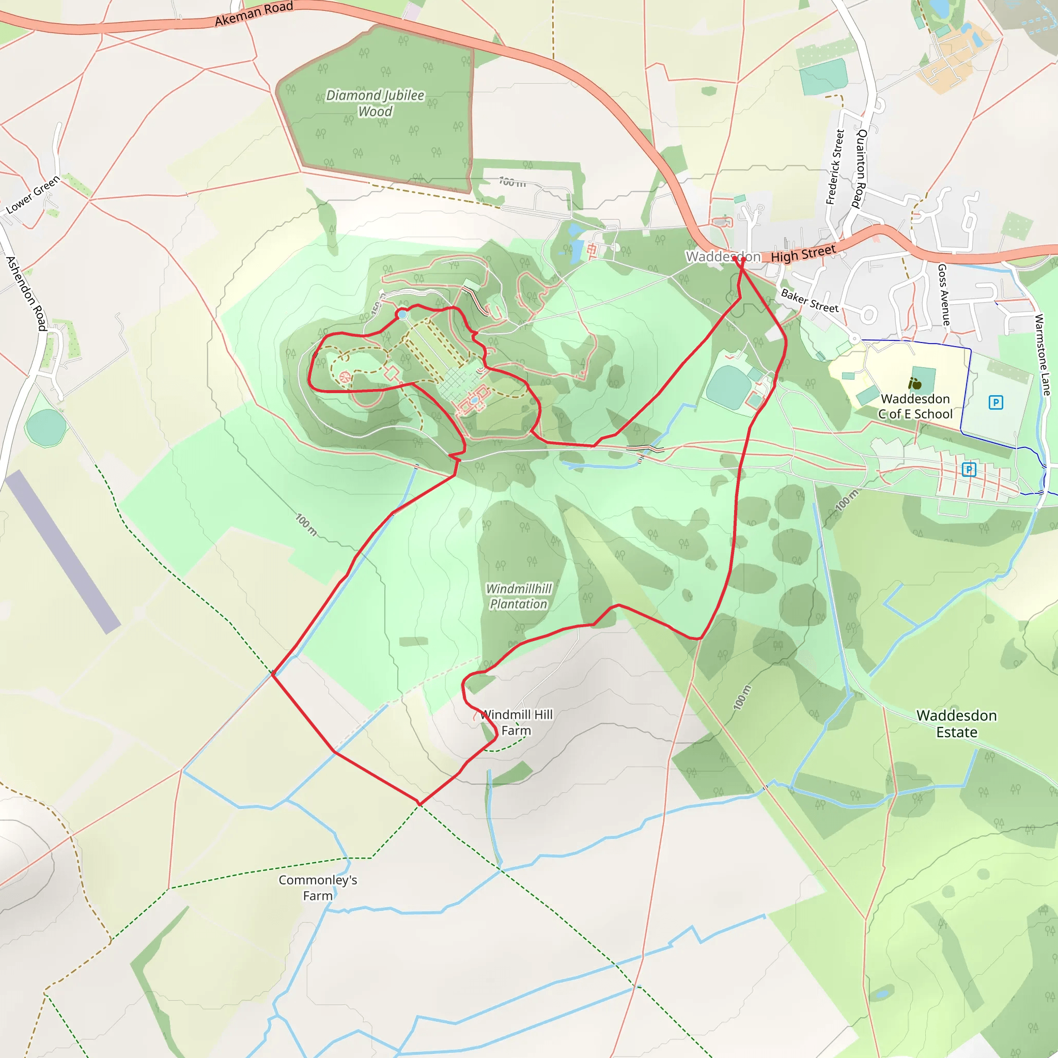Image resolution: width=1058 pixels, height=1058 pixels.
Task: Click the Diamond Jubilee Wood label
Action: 375,103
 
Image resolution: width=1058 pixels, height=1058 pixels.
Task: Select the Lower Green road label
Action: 33,195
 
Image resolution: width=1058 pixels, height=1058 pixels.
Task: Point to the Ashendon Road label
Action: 26,293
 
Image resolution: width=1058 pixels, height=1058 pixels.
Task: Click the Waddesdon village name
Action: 723,256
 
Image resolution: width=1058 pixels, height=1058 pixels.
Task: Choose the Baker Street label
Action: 810,301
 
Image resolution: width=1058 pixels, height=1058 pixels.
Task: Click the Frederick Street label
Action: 835,167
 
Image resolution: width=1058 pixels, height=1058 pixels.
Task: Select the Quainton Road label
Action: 860,168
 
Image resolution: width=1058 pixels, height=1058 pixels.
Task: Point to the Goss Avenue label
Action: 943,294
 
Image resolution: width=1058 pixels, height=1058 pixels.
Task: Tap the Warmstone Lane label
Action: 1042,355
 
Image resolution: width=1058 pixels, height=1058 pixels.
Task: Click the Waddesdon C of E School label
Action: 915,407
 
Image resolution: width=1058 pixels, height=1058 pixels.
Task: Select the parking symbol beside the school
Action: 995,403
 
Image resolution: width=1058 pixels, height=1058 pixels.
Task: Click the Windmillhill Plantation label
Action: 519,596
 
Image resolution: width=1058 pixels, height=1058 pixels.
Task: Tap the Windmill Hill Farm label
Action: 517,722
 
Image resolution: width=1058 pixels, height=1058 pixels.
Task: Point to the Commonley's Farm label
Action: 318,888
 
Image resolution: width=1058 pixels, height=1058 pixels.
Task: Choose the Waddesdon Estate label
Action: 957,723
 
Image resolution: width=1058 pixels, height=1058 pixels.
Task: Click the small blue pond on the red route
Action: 402,315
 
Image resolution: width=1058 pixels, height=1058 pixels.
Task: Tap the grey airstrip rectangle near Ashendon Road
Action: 63,551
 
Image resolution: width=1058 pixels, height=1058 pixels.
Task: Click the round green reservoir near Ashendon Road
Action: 45,427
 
